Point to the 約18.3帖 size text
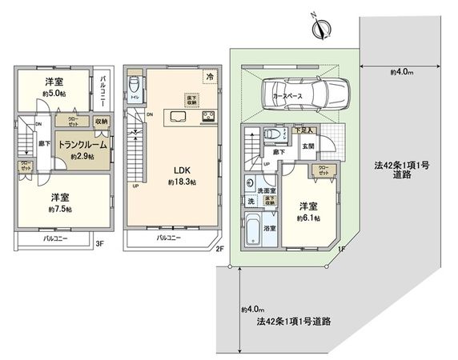click(x=181, y=183)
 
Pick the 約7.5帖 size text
click(x=58, y=210)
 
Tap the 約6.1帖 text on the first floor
click(x=307, y=217)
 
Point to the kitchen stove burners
click(x=208, y=118)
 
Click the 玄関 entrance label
click(x=307, y=146)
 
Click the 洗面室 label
click(x=267, y=190)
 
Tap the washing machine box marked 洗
click(x=251, y=200)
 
